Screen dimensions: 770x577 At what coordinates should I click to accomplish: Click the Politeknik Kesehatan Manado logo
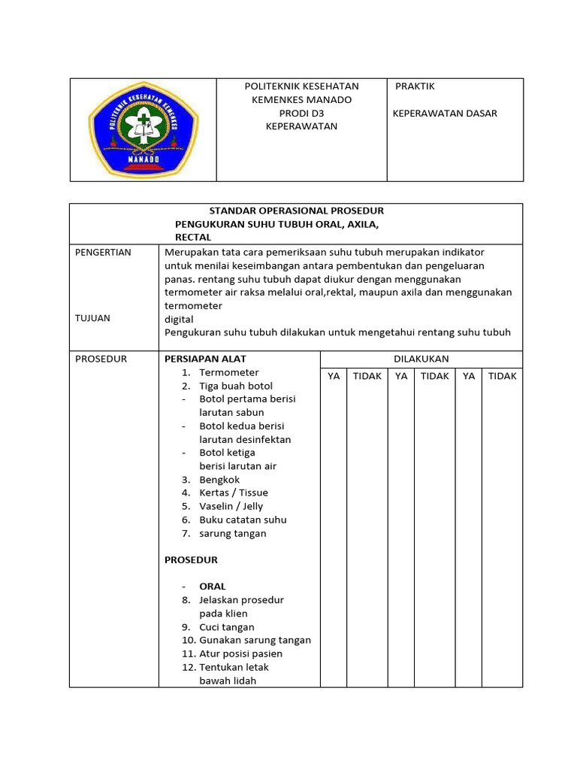tap(143, 130)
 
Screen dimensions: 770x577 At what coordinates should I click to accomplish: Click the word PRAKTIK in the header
tap(415, 86)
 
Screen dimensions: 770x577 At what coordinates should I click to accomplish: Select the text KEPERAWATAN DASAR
tap(445, 114)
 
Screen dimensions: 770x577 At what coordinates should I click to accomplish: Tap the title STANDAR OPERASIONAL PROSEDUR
tap(296, 211)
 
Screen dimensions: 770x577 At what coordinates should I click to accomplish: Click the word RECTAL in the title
tap(193, 237)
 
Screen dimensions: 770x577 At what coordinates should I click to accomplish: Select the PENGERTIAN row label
tap(103, 252)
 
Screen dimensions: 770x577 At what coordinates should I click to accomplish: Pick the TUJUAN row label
tap(92, 318)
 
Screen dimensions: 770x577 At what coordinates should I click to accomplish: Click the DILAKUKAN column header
tap(421, 359)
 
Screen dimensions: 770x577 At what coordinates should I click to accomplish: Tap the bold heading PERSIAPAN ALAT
tap(205, 359)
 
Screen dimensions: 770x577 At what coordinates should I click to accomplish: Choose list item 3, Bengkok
tap(220, 479)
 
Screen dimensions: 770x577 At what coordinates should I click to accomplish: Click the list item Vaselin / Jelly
tap(231, 506)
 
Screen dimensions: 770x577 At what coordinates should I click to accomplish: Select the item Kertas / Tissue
tap(233, 493)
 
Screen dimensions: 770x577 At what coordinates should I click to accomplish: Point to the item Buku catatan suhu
tap(243, 520)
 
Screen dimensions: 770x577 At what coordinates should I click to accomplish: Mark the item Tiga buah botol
tap(236, 386)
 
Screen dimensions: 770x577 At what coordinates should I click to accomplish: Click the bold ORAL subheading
tap(213, 586)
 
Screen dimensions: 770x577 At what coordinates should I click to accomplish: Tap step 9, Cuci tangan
tap(226, 626)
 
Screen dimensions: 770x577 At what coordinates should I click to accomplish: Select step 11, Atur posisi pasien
tap(240, 653)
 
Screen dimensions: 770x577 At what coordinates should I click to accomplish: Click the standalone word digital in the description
tap(179, 319)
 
